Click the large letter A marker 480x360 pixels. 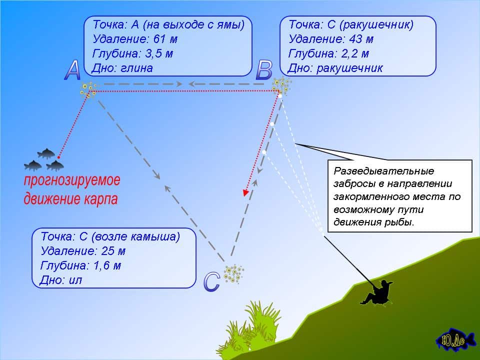[72, 70]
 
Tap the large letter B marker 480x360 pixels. [264, 70]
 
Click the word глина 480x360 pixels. [136, 68]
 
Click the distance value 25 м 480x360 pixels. [113, 251]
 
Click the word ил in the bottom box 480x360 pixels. [75, 280]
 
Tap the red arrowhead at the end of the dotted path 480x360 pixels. [245, 192]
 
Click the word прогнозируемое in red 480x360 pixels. [72, 180]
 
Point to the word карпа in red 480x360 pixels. [100, 199]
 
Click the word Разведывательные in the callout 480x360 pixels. [384, 171]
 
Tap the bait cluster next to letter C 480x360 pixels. [234, 273]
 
